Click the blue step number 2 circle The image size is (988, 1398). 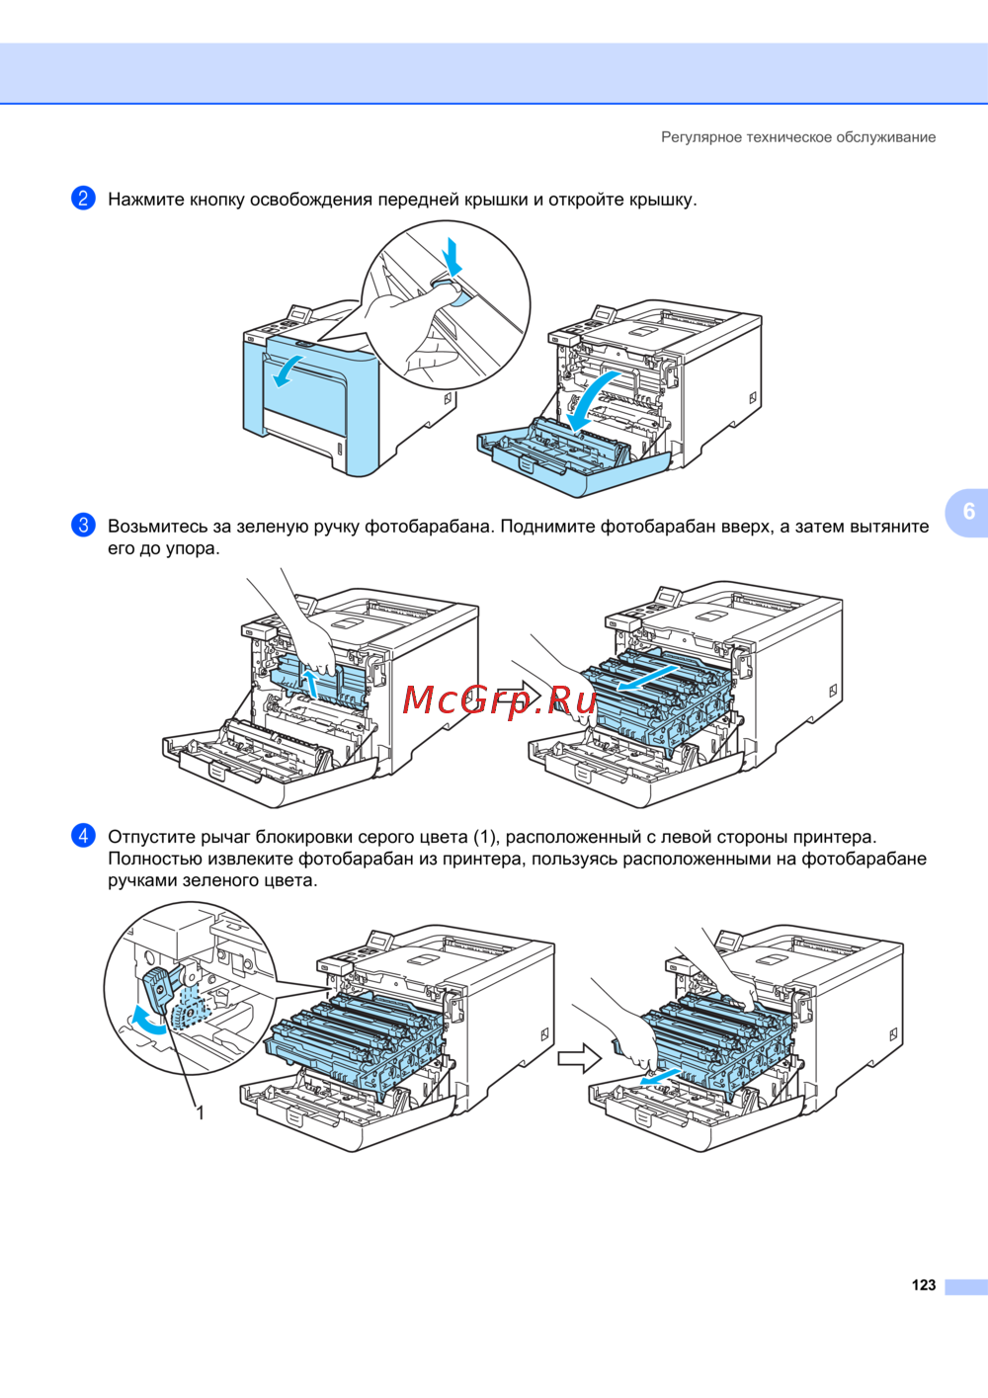click(83, 199)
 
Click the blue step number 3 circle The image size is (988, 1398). click(83, 526)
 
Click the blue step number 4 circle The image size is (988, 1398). click(83, 836)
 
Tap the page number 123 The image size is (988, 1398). click(924, 1285)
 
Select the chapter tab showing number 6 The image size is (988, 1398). click(968, 512)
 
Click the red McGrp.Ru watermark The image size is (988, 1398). click(500, 699)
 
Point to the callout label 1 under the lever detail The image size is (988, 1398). click(201, 1113)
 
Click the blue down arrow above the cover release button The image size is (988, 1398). click(453, 257)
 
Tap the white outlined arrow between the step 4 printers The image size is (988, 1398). click(579, 1059)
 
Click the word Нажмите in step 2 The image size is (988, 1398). click(146, 200)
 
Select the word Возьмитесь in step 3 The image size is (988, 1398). click(158, 527)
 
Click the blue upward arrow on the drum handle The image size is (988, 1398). click(310, 682)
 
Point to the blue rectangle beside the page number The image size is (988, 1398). click(965, 1286)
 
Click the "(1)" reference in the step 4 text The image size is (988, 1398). click(485, 837)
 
